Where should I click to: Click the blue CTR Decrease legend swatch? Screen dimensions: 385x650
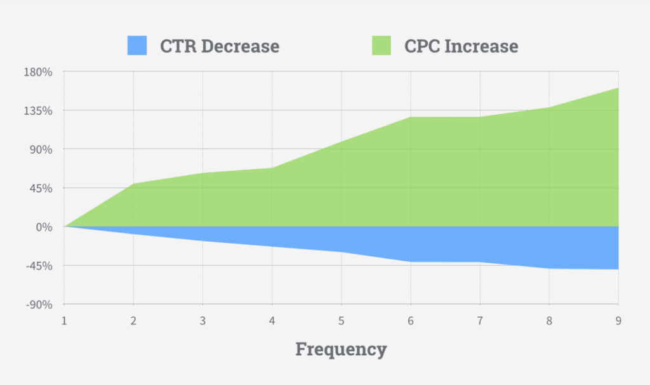pyautogui.click(x=136, y=46)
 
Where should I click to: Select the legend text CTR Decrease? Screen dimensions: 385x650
pyautogui.click(x=220, y=46)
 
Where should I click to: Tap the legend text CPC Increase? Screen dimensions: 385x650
pyautogui.click(x=461, y=46)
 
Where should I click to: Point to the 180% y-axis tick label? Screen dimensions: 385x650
pyautogui.click(x=39, y=72)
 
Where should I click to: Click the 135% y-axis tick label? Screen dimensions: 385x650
pyautogui.click(x=39, y=110)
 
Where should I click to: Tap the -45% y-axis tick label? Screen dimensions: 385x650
pyautogui.click(x=39, y=266)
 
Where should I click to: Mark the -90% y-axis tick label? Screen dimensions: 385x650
pyautogui.click(x=39, y=304)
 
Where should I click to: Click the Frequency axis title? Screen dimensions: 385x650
pyautogui.click(x=341, y=349)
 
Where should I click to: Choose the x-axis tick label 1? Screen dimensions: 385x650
pyautogui.click(x=64, y=321)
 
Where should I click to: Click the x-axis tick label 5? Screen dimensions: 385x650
pyautogui.click(x=341, y=321)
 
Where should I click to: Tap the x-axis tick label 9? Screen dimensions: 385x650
pyautogui.click(x=618, y=321)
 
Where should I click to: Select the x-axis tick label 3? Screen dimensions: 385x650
pyautogui.click(x=202, y=321)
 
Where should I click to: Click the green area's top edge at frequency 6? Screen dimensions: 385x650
pyautogui.click(x=410, y=117)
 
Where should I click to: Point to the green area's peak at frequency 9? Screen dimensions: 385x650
pyautogui.click(x=618, y=89)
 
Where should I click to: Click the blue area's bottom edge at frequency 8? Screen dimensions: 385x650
pyautogui.click(x=549, y=268)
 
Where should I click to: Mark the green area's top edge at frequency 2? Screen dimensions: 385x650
pyautogui.click(x=133, y=184)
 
